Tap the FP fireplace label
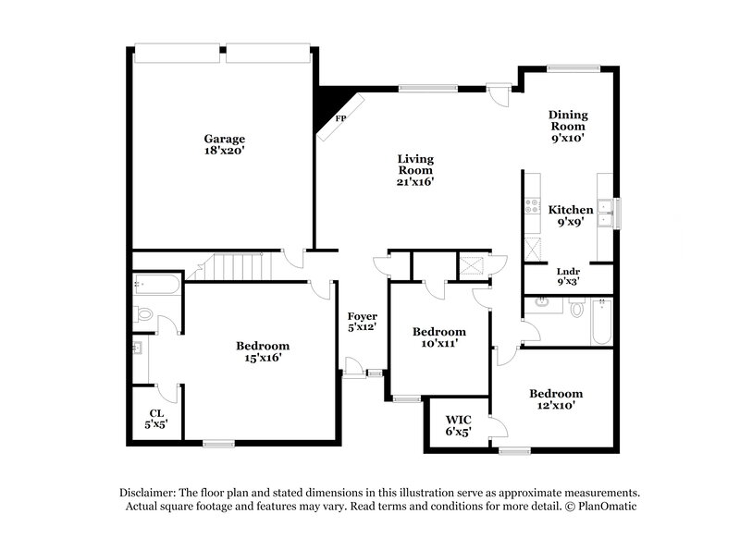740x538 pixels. click(x=340, y=119)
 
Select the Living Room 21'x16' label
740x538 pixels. click(x=416, y=170)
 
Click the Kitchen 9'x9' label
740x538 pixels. click(x=570, y=215)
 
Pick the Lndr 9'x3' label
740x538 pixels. click(x=569, y=275)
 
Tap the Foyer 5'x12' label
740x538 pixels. click(x=362, y=322)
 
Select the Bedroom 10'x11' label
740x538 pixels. click(x=438, y=337)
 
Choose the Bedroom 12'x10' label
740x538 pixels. click(x=556, y=398)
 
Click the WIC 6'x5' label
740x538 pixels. click(x=458, y=425)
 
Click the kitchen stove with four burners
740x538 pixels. click(x=533, y=206)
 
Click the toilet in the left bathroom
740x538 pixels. click(x=144, y=314)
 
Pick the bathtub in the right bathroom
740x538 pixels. click(x=600, y=321)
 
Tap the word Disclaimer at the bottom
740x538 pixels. click(x=152, y=493)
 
